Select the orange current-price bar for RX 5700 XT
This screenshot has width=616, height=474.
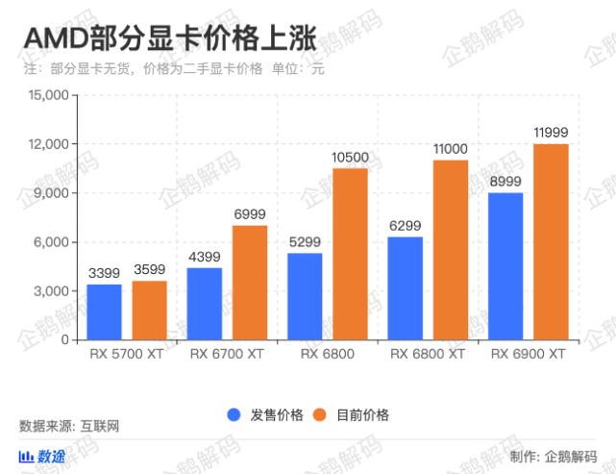click(149, 310)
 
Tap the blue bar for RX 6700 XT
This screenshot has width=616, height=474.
click(205, 303)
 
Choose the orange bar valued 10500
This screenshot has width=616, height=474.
click(350, 254)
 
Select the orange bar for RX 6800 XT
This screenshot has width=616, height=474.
click(450, 249)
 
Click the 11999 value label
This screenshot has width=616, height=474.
click(551, 131)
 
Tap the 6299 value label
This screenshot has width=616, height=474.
click(406, 224)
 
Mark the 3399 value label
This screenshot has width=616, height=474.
click(105, 272)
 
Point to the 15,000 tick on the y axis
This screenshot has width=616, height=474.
click(49, 95)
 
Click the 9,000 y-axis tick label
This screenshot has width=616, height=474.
click(53, 193)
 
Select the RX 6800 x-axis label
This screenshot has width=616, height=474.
click(327, 354)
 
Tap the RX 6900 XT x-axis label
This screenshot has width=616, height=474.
click(528, 354)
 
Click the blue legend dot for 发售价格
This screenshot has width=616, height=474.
click(234, 415)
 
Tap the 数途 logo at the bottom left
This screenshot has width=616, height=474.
click(43, 456)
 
